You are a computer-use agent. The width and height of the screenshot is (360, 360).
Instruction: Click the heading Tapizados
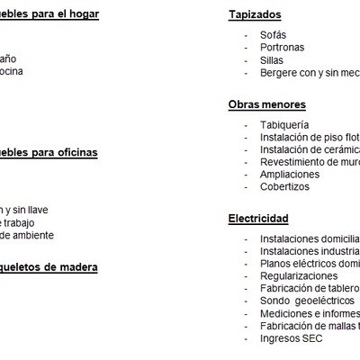pos(255,15)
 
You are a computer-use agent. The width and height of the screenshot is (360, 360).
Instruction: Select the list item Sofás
pos(274,34)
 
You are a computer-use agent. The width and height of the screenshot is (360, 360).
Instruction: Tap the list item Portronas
pos(282,47)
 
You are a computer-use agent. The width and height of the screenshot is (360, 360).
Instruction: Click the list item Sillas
pos(271,60)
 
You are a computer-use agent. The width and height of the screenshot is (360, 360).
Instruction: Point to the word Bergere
pos(280,73)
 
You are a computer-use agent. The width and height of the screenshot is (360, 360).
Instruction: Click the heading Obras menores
pos(267,105)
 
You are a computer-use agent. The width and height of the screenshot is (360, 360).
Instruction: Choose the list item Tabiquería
pos(284,124)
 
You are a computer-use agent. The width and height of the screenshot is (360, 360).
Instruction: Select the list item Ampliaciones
pos(290,174)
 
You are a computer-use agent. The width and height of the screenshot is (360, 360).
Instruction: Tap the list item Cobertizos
pos(284,186)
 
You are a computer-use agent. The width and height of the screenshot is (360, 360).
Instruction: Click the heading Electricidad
pos(258,219)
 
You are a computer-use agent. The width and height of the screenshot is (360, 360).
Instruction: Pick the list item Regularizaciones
pos(299,275)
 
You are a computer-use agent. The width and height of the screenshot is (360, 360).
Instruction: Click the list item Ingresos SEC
pos(291,338)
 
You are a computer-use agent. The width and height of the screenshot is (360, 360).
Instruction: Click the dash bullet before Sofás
pos(246,34)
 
